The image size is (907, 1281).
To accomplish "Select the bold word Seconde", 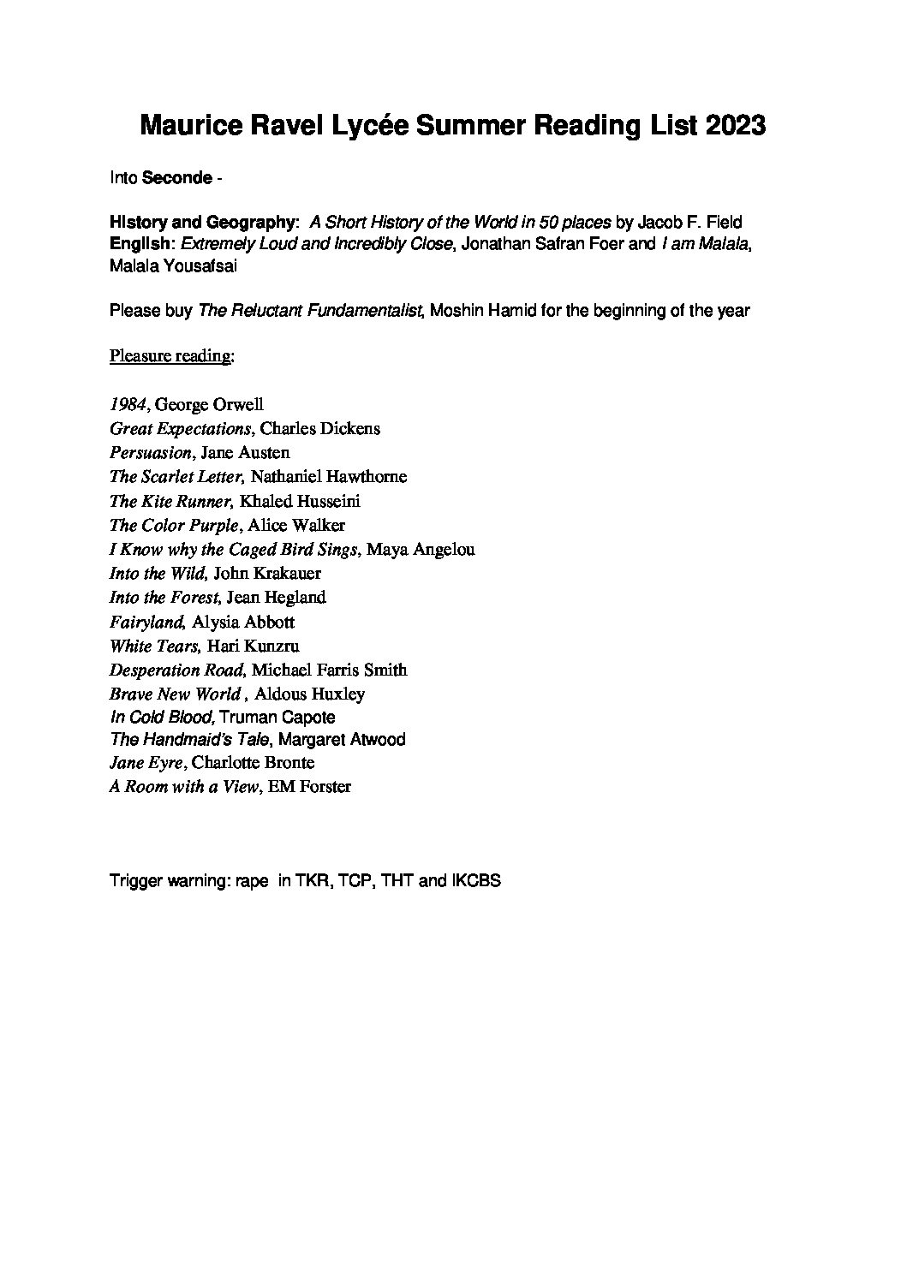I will pyautogui.click(x=176, y=178).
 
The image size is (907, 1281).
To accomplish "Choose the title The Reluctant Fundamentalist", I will pyautogui.click(x=311, y=310).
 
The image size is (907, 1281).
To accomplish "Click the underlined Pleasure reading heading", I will pyautogui.click(x=171, y=355).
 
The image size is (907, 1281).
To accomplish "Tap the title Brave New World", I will pyautogui.click(x=175, y=694).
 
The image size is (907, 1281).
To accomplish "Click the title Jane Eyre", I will pyautogui.click(x=146, y=762).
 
